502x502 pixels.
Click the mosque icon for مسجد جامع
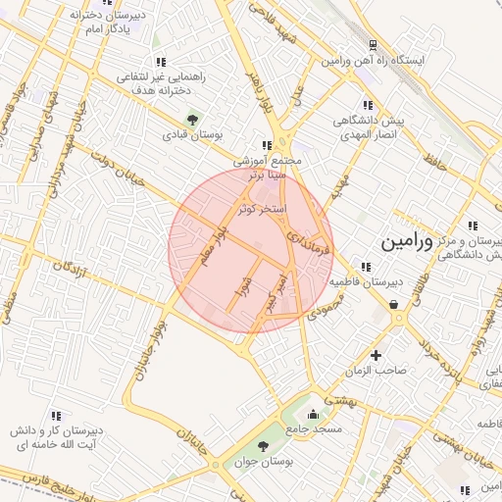click(x=313, y=414)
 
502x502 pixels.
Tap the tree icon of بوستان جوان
click(x=262, y=446)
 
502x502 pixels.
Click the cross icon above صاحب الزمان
click(x=375, y=354)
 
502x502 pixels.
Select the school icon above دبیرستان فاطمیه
click(x=366, y=267)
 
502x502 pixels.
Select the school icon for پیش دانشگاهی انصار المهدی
click(x=368, y=105)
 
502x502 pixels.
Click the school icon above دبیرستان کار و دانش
click(x=56, y=416)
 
